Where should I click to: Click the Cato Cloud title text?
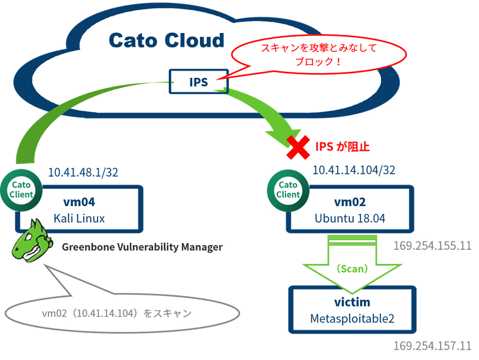pos(166,41)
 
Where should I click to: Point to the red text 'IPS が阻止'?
pos(343,146)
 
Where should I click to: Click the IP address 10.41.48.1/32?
pos(83,173)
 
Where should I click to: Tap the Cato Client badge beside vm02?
pos(288,189)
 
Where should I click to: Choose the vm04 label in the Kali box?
pos(80,202)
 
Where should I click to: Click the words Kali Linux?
pos(80,219)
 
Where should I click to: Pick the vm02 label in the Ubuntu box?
pos(349,202)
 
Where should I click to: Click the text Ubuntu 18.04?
pos(349,219)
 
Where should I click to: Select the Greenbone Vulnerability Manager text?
pos(143,247)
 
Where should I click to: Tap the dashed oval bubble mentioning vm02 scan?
pos(120,313)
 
